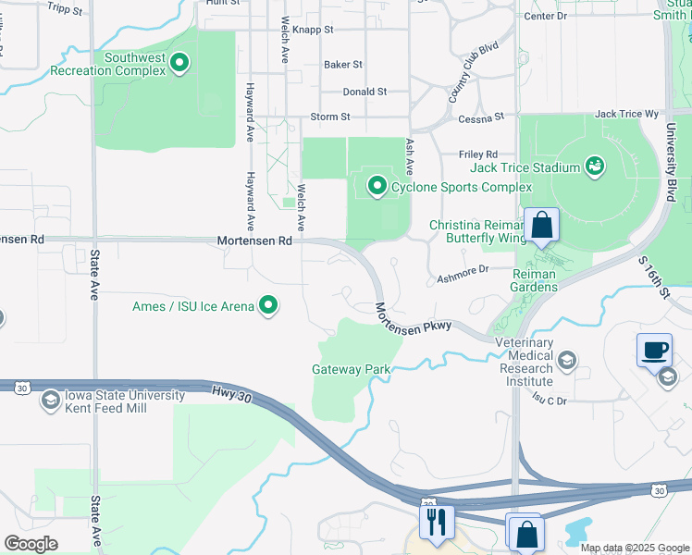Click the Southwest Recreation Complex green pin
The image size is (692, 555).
click(x=180, y=64)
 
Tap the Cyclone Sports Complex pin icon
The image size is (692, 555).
click(x=377, y=187)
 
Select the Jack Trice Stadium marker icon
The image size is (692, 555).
click(x=595, y=167)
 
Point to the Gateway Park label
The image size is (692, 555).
click(x=351, y=369)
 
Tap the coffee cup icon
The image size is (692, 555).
click(x=654, y=350)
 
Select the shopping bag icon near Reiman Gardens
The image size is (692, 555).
click(x=541, y=225)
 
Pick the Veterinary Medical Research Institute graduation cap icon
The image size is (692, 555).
click(x=566, y=360)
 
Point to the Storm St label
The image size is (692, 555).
click(x=330, y=117)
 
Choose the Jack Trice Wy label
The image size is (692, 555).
click(x=626, y=114)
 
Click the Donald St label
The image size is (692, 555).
click(x=365, y=92)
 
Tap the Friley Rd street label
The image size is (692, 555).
click(x=478, y=154)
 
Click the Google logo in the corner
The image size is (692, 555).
click(x=31, y=544)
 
